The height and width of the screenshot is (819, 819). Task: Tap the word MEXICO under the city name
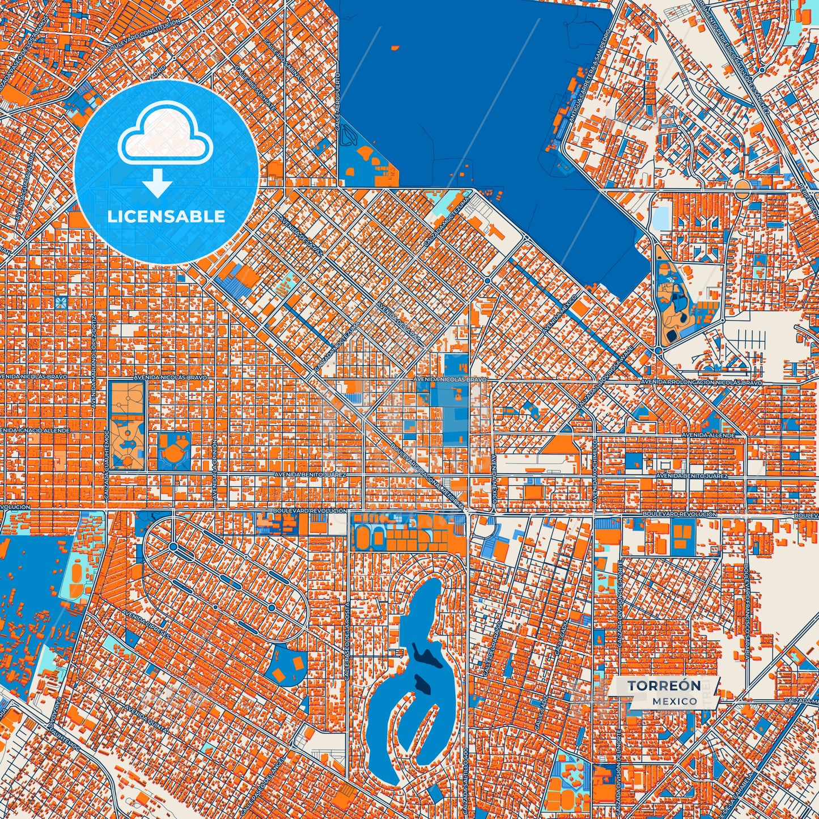(x=674, y=701)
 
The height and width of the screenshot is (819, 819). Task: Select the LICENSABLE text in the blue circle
(x=166, y=216)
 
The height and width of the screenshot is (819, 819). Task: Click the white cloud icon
(x=165, y=133)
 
